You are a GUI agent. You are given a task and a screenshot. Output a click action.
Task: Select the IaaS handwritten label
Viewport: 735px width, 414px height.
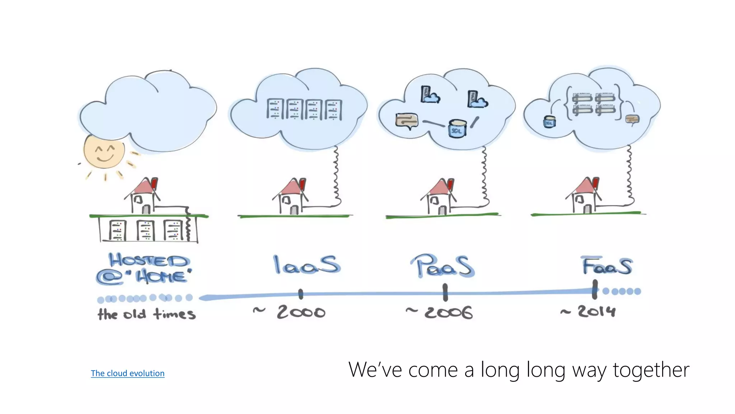coord(306,265)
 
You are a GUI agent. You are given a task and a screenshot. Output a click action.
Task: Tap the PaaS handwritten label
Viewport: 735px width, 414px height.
coord(442,266)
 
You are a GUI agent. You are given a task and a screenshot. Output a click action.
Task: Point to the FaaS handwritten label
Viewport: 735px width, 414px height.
coord(607,266)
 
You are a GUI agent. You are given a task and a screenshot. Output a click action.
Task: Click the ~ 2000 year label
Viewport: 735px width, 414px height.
coord(290,312)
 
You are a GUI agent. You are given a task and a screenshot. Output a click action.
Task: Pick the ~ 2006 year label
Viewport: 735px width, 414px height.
coord(439,312)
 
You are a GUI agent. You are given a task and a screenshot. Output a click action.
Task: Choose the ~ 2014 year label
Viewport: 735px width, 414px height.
coord(589,311)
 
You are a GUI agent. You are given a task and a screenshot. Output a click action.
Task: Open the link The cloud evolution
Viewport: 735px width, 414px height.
coord(127,373)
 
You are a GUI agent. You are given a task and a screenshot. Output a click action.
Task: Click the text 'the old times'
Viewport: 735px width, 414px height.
coord(146,314)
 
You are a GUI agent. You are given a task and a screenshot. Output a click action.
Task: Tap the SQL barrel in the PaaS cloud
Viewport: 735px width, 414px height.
coord(457,128)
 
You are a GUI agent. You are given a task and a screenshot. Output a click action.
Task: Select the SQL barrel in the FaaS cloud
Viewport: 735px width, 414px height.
coord(549,122)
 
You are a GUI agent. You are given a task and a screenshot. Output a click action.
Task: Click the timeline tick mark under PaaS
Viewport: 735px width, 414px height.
coord(445,292)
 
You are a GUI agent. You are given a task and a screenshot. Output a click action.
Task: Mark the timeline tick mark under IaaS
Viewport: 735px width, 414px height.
coord(301,294)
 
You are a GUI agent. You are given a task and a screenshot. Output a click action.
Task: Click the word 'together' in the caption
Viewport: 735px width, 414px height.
coord(651,370)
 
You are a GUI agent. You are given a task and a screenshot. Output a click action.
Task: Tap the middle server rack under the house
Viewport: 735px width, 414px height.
coord(145,230)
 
